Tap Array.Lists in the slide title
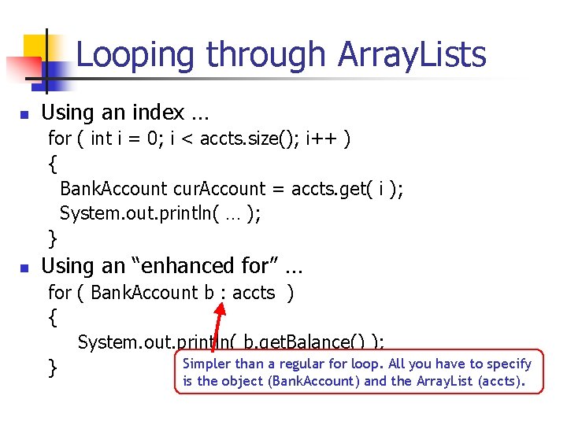412,55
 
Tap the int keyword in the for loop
101,139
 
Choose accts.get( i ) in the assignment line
346,189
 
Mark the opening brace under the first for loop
52,164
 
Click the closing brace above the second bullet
52,237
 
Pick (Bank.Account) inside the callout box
322,382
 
